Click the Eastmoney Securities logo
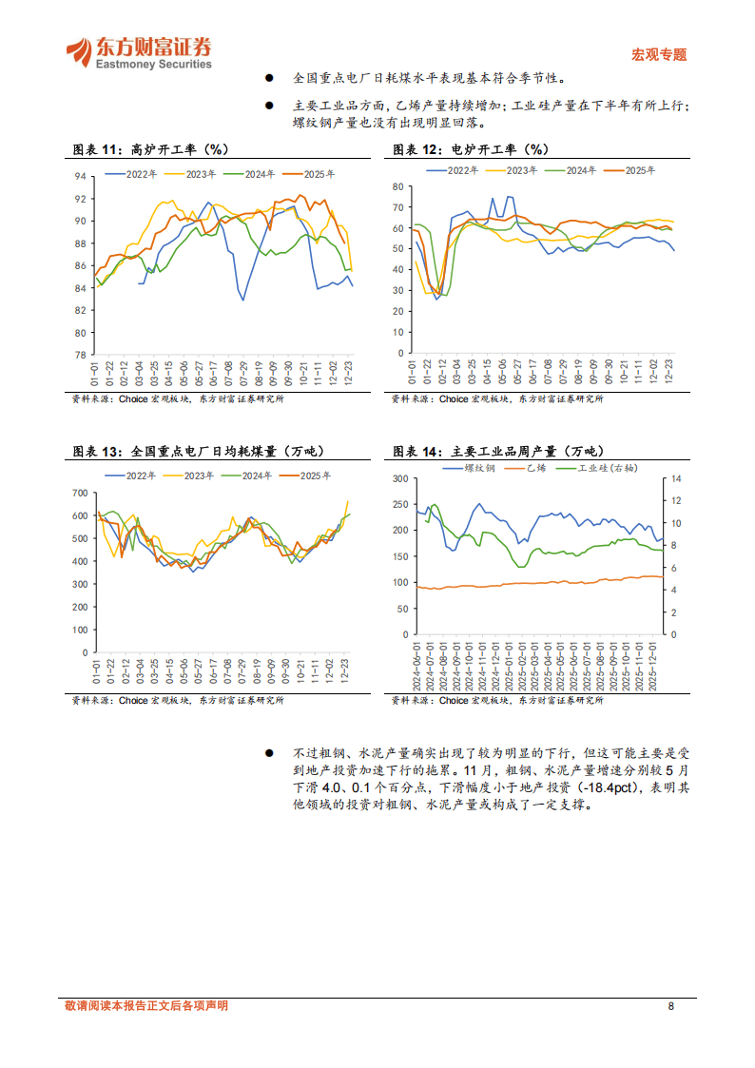coord(139,52)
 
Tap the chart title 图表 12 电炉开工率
coord(471,149)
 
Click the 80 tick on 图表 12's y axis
coord(399,186)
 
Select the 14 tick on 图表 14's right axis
coord(677,478)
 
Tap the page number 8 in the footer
coord(671,1005)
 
